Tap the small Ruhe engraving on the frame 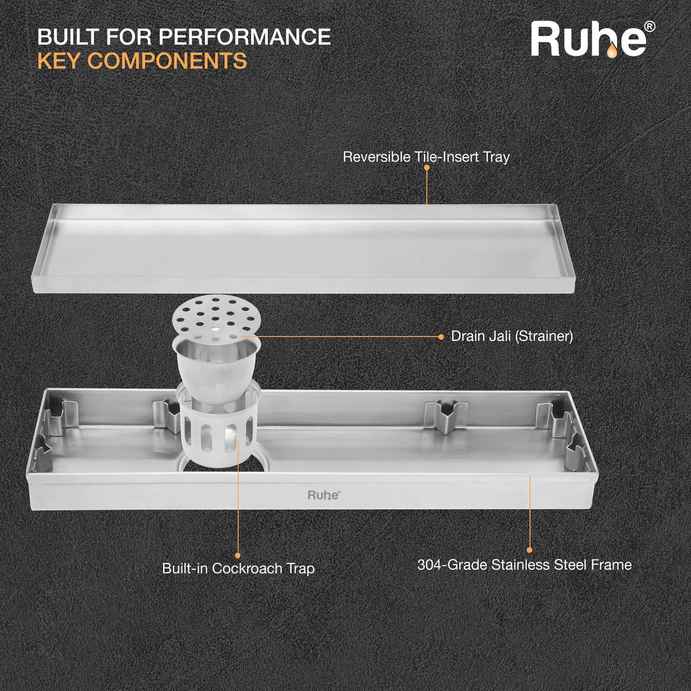click(x=324, y=495)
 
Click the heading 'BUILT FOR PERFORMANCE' click(x=184, y=37)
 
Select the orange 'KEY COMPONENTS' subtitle click(x=142, y=61)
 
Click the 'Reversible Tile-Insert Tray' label click(x=426, y=157)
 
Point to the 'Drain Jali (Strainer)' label click(x=512, y=336)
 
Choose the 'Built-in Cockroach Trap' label click(x=238, y=568)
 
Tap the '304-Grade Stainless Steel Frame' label click(x=524, y=565)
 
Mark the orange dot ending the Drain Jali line click(x=441, y=337)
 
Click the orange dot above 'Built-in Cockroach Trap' click(x=238, y=556)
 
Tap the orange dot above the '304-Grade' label click(x=529, y=550)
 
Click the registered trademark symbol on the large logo click(x=649, y=27)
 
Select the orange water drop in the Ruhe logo click(x=611, y=51)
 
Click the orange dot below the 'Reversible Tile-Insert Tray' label click(x=427, y=168)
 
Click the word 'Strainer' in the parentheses click(x=544, y=336)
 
